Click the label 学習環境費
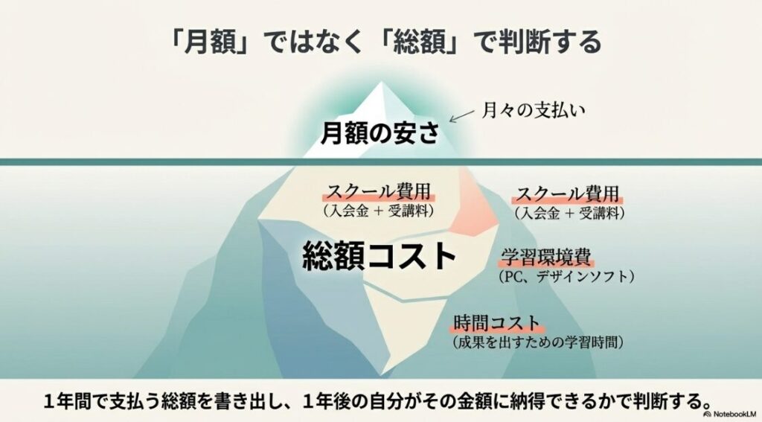(x=545, y=258)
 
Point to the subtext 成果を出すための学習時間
(x=537, y=343)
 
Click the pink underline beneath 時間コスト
(x=496, y=332)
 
